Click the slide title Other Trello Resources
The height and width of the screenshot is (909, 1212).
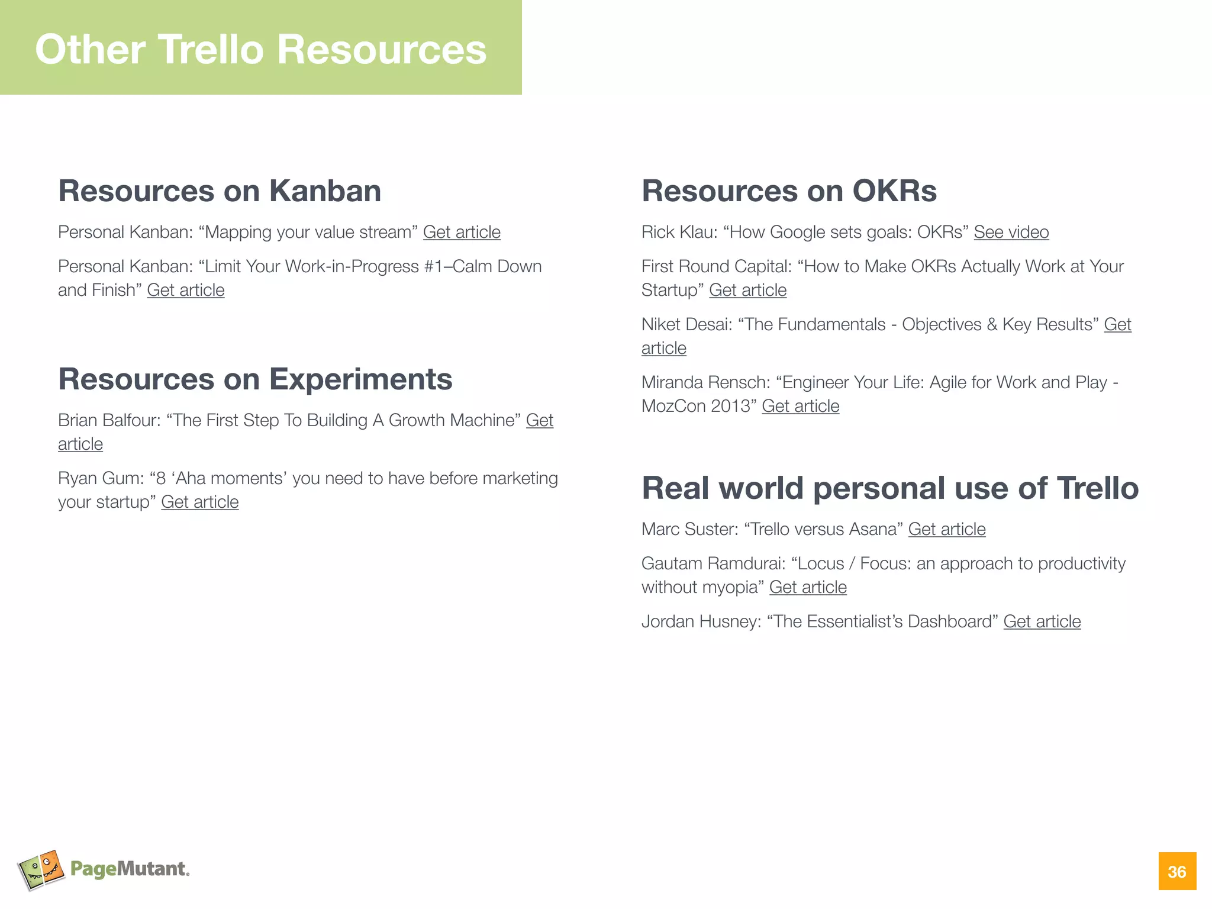260,49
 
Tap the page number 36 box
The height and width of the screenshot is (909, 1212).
1176,871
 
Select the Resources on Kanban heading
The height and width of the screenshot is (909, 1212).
220,191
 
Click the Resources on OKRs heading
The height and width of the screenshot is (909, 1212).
789,191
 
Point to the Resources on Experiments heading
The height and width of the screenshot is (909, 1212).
255,379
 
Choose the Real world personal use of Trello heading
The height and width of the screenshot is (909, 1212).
889,488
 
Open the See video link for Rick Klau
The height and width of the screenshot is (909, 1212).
1011,232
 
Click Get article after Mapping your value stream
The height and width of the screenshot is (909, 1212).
462,232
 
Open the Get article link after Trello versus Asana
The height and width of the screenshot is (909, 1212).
947,529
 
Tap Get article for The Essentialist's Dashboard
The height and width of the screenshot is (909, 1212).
1042,621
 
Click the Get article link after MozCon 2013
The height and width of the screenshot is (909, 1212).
800,406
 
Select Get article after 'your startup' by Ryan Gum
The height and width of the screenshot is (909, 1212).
200,502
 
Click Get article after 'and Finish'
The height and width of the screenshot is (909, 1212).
186,290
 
